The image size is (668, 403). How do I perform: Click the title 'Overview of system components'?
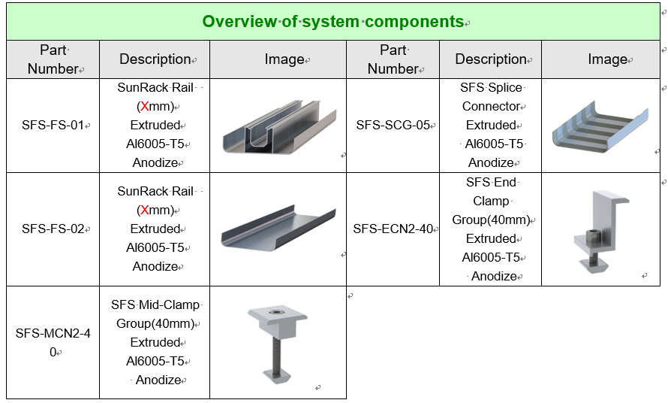click(332, 21)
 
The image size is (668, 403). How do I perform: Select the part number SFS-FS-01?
click(53, 125)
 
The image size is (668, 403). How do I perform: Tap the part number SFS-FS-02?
click(53, 229)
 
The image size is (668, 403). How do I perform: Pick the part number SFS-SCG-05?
click(393, 125)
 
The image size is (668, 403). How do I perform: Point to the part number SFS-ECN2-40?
click(393, 229)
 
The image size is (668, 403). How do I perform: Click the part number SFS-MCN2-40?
click(53, 342)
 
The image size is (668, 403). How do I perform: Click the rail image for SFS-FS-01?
click(279, 127)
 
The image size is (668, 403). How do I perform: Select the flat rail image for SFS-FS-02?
click(278, 228)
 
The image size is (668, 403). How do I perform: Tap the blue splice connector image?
click(600, 127)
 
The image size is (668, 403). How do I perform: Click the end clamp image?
click(601, 232)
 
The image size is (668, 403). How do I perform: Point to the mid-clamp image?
click(278, 344)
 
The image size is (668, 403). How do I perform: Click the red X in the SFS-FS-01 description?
click(146, 106)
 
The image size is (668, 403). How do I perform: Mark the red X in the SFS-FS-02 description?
click(146, 210)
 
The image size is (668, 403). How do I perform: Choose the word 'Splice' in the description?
click(506, 87)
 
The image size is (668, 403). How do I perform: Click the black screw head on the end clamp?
click(591, 236)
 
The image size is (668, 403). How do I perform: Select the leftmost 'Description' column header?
click(155, 59)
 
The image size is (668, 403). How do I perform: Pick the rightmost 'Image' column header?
click(607, 59)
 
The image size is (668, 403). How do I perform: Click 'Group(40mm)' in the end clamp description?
click(491, 220)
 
